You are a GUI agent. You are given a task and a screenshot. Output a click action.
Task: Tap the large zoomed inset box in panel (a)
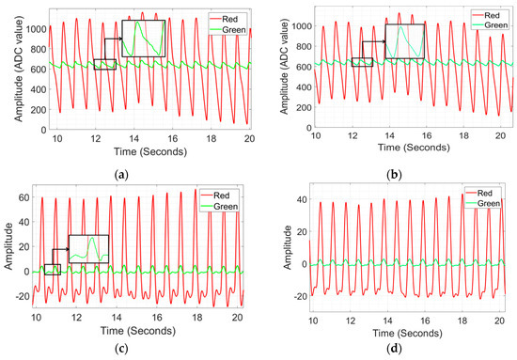(x=143, y=39)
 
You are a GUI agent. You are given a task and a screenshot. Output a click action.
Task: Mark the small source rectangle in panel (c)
(x=52, y=270)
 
